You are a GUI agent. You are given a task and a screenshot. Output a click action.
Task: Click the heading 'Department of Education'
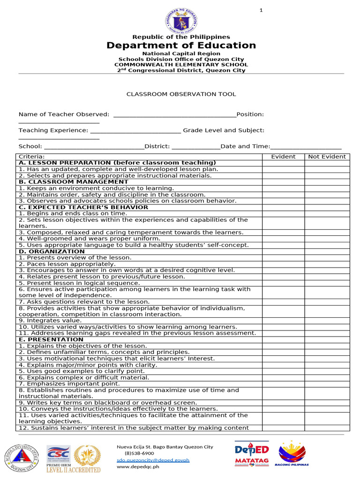click(x=181, y=45)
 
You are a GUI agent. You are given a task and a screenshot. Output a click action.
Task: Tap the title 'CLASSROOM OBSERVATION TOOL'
click(x=181, y=94)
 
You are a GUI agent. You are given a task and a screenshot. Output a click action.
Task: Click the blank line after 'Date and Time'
click(x=306, y=147)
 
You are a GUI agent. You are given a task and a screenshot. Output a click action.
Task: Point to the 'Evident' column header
click(x=283, y=157)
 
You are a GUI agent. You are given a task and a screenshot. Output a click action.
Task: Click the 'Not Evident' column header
click(x=327, y=157)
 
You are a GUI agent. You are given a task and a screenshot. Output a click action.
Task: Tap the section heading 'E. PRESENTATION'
click(x=51, y=339)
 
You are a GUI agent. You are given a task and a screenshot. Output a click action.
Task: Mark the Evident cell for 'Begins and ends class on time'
click(x=283, y=213)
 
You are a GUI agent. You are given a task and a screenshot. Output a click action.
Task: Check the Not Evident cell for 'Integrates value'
click(x=327, y=321)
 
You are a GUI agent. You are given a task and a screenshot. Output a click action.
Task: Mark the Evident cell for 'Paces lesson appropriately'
click(x=283, y=264)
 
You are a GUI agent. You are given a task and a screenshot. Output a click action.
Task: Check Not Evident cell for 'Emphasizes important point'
click(x=327, y=384)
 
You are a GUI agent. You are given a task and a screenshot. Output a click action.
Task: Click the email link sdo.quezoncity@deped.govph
click(x=153, y=460)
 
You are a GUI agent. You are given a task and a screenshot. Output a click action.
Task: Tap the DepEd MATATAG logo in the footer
click(x=252, y=454)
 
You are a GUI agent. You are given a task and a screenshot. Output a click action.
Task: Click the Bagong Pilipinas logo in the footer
click(x=293, y=454)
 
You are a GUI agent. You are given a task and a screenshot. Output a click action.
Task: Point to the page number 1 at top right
click(x=261, y=10)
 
